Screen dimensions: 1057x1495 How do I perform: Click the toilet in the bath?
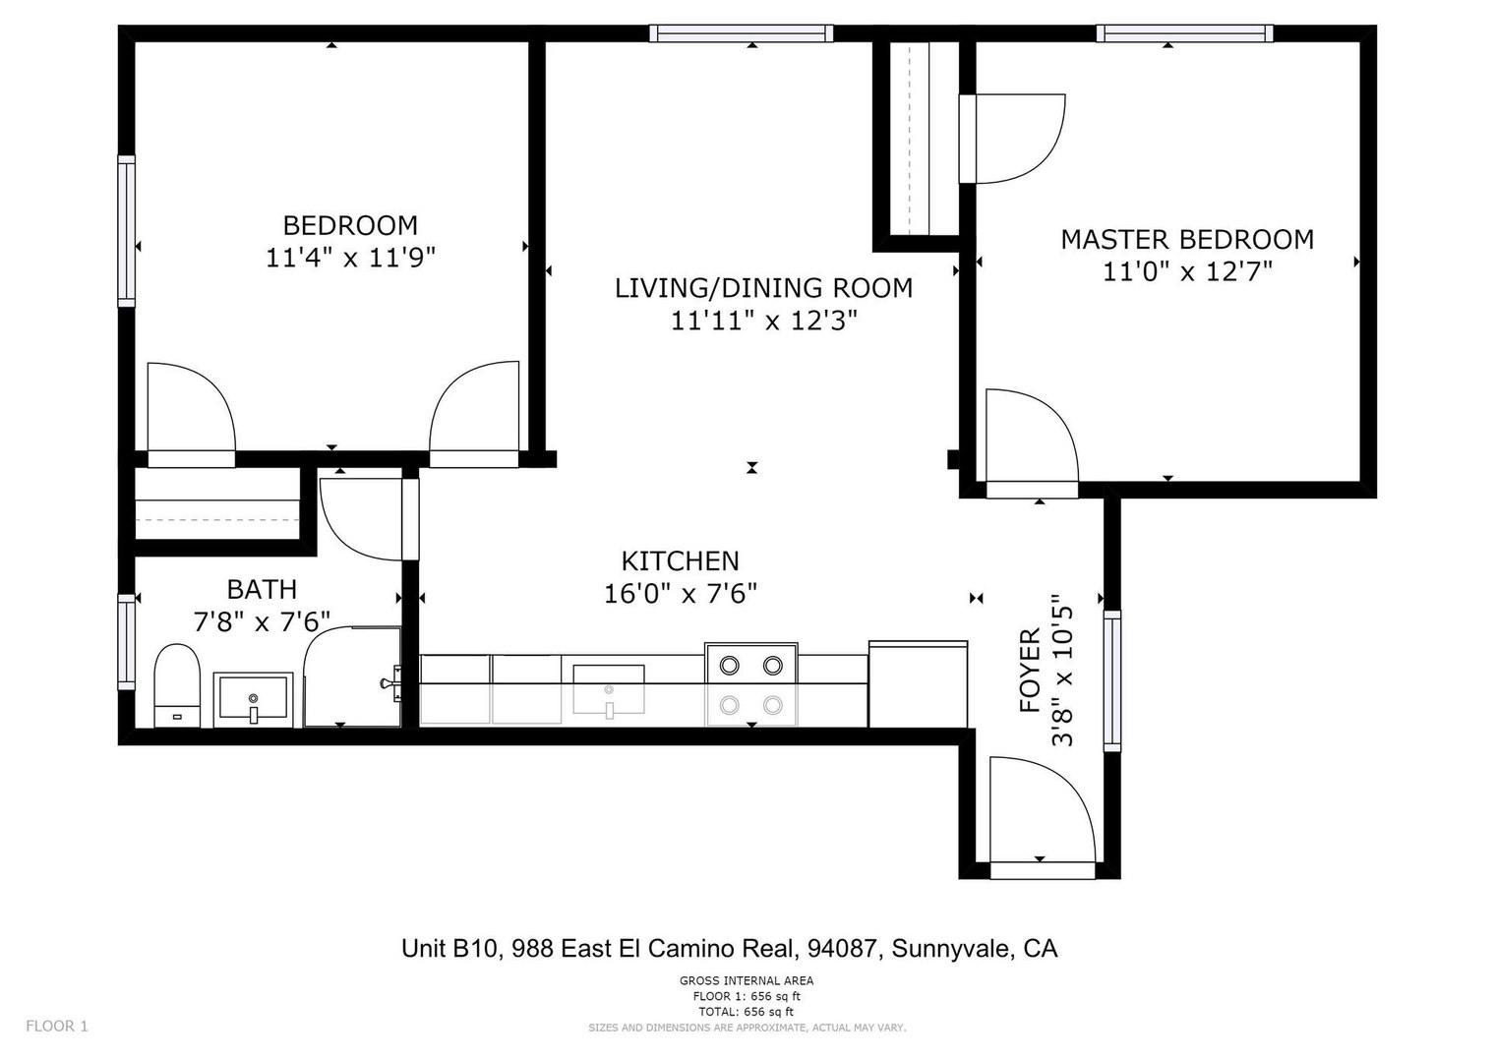click(x=177, y=684)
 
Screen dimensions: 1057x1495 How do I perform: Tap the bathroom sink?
click(x=254, y=700)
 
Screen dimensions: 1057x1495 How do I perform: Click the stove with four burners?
click(x=750, y=684)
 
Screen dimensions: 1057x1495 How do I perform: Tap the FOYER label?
click(x=1030, y=671)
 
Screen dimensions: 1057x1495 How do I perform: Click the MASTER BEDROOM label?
click(x=1186, y=239)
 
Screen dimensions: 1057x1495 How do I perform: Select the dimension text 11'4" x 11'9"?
click(x=350, y=258)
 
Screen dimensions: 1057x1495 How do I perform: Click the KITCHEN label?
click(x=680, y=560)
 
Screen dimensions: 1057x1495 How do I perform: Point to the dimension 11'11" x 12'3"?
click(x=763, y=321)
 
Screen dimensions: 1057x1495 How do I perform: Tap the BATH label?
click(x=262, y=589)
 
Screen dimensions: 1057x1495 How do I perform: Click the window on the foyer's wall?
click(x=1112, y=679)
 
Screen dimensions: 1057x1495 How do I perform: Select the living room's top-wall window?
click(x=742, y=33)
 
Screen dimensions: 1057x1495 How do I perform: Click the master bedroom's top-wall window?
click(x=1185, y=33)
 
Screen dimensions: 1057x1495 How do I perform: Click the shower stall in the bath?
click(x=351, y=678)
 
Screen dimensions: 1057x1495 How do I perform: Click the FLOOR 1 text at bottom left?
click(x=57, y=1026)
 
